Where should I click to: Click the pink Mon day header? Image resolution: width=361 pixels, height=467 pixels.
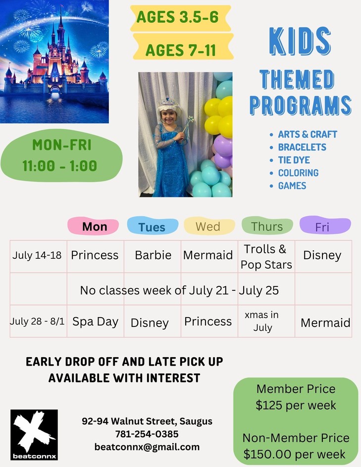coord(93,227)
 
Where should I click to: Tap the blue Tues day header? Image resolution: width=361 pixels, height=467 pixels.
coord(153,226)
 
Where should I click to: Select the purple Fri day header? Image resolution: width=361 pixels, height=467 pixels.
coord(325,226)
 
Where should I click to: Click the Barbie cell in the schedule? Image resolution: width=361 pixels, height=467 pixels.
coord(153,255)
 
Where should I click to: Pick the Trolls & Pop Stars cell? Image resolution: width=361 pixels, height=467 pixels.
coord(266,257)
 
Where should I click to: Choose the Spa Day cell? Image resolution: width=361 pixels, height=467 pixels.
coord(96,322)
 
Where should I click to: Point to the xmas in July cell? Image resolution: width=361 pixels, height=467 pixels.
coord(262,321)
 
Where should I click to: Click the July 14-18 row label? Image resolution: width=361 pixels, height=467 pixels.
coord(37,255)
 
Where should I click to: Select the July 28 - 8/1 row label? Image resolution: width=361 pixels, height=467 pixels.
coord(37,321)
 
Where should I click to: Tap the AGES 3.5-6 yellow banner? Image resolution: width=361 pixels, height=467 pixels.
coord(181,18)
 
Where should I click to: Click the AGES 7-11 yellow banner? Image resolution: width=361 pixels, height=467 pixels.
coord(183,47)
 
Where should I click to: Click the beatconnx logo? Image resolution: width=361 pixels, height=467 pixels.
coord(34,435)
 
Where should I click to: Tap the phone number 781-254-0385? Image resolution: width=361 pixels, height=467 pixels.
coord(147,434)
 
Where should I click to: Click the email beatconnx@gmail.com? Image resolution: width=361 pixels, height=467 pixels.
coord(147,447)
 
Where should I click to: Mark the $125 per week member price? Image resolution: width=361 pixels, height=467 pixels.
coord(296,405)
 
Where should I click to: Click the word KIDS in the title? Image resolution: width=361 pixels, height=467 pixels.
coord(300,41)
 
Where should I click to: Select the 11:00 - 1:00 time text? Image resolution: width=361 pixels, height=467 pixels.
coord(59,166)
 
